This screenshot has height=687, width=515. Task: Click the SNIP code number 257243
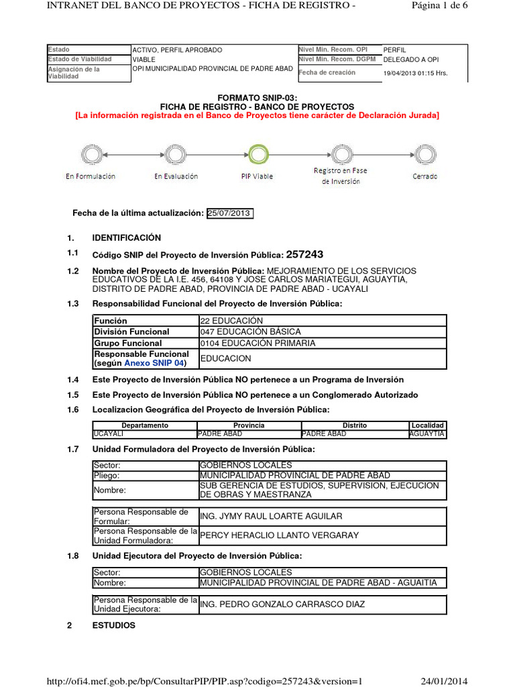pos(304,254)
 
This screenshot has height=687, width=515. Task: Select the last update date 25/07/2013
pos(229,213)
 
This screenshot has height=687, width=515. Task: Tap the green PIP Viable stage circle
pos(257,155)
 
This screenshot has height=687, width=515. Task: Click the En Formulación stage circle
pos(90,155)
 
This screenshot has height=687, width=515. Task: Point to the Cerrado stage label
pos(425,176)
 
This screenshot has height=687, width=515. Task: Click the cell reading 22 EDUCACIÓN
pos(231,321)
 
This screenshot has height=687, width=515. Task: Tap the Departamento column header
pos(145,425)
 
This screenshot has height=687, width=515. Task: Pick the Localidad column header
pos(427,425)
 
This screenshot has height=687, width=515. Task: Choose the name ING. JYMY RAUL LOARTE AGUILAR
pos(271,516)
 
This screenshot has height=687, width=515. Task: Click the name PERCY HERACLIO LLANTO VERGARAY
pos(280,535)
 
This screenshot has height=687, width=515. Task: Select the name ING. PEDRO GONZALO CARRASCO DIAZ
pos(282,604)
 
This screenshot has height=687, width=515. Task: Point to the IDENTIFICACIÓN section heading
pos(127,237)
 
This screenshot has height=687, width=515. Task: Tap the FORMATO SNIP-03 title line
pos(257,98)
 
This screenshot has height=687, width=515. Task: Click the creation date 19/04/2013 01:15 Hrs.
pos(415,73)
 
